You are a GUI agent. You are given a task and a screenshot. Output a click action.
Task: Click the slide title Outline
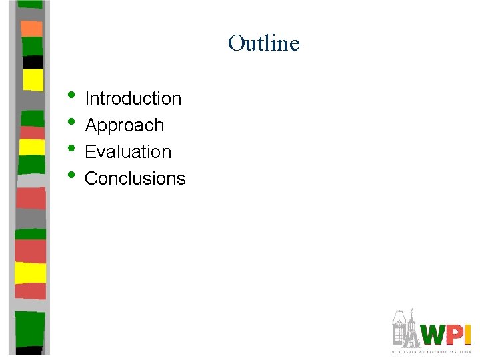pos(263,43)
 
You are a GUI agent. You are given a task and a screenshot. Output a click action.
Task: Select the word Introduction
pos(133,99)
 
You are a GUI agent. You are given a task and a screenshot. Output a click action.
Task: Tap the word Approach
pos(125,125)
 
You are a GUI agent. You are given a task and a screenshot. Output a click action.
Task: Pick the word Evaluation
pos(128,152)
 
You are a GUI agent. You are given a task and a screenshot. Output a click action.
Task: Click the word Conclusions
pos(135,179)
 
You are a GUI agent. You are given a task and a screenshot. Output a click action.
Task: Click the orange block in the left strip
pos(31,28)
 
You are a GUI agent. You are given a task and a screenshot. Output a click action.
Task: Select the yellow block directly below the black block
pos(33,79)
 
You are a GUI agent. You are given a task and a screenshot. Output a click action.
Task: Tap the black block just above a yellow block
pos(33,62)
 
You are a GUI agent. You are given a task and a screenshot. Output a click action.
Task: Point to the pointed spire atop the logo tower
pos(413,311)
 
